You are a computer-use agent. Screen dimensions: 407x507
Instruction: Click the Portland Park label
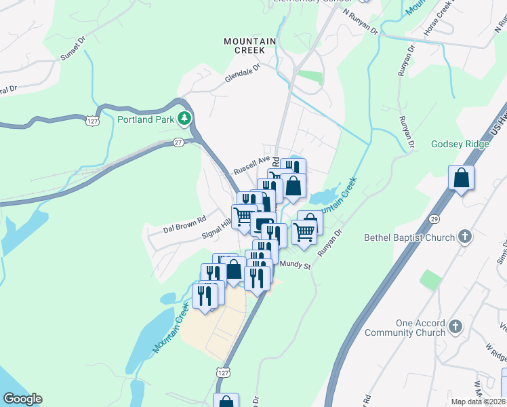coord(146,120)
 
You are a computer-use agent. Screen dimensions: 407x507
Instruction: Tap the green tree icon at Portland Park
coord(184,120)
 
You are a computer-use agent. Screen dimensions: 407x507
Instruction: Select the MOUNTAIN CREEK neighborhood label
coord(250,45)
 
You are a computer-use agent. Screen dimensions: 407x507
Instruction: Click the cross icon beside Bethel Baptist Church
coord(465,236)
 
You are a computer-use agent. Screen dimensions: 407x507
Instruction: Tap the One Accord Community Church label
coord(404,328)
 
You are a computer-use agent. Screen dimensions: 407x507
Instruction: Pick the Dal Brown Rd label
coord(184,225)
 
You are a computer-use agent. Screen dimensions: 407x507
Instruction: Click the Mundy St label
coord(296,266)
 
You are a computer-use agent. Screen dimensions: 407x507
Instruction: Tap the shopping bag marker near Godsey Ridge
coord(461,179)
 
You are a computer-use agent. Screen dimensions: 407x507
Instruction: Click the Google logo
coord(22,399)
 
